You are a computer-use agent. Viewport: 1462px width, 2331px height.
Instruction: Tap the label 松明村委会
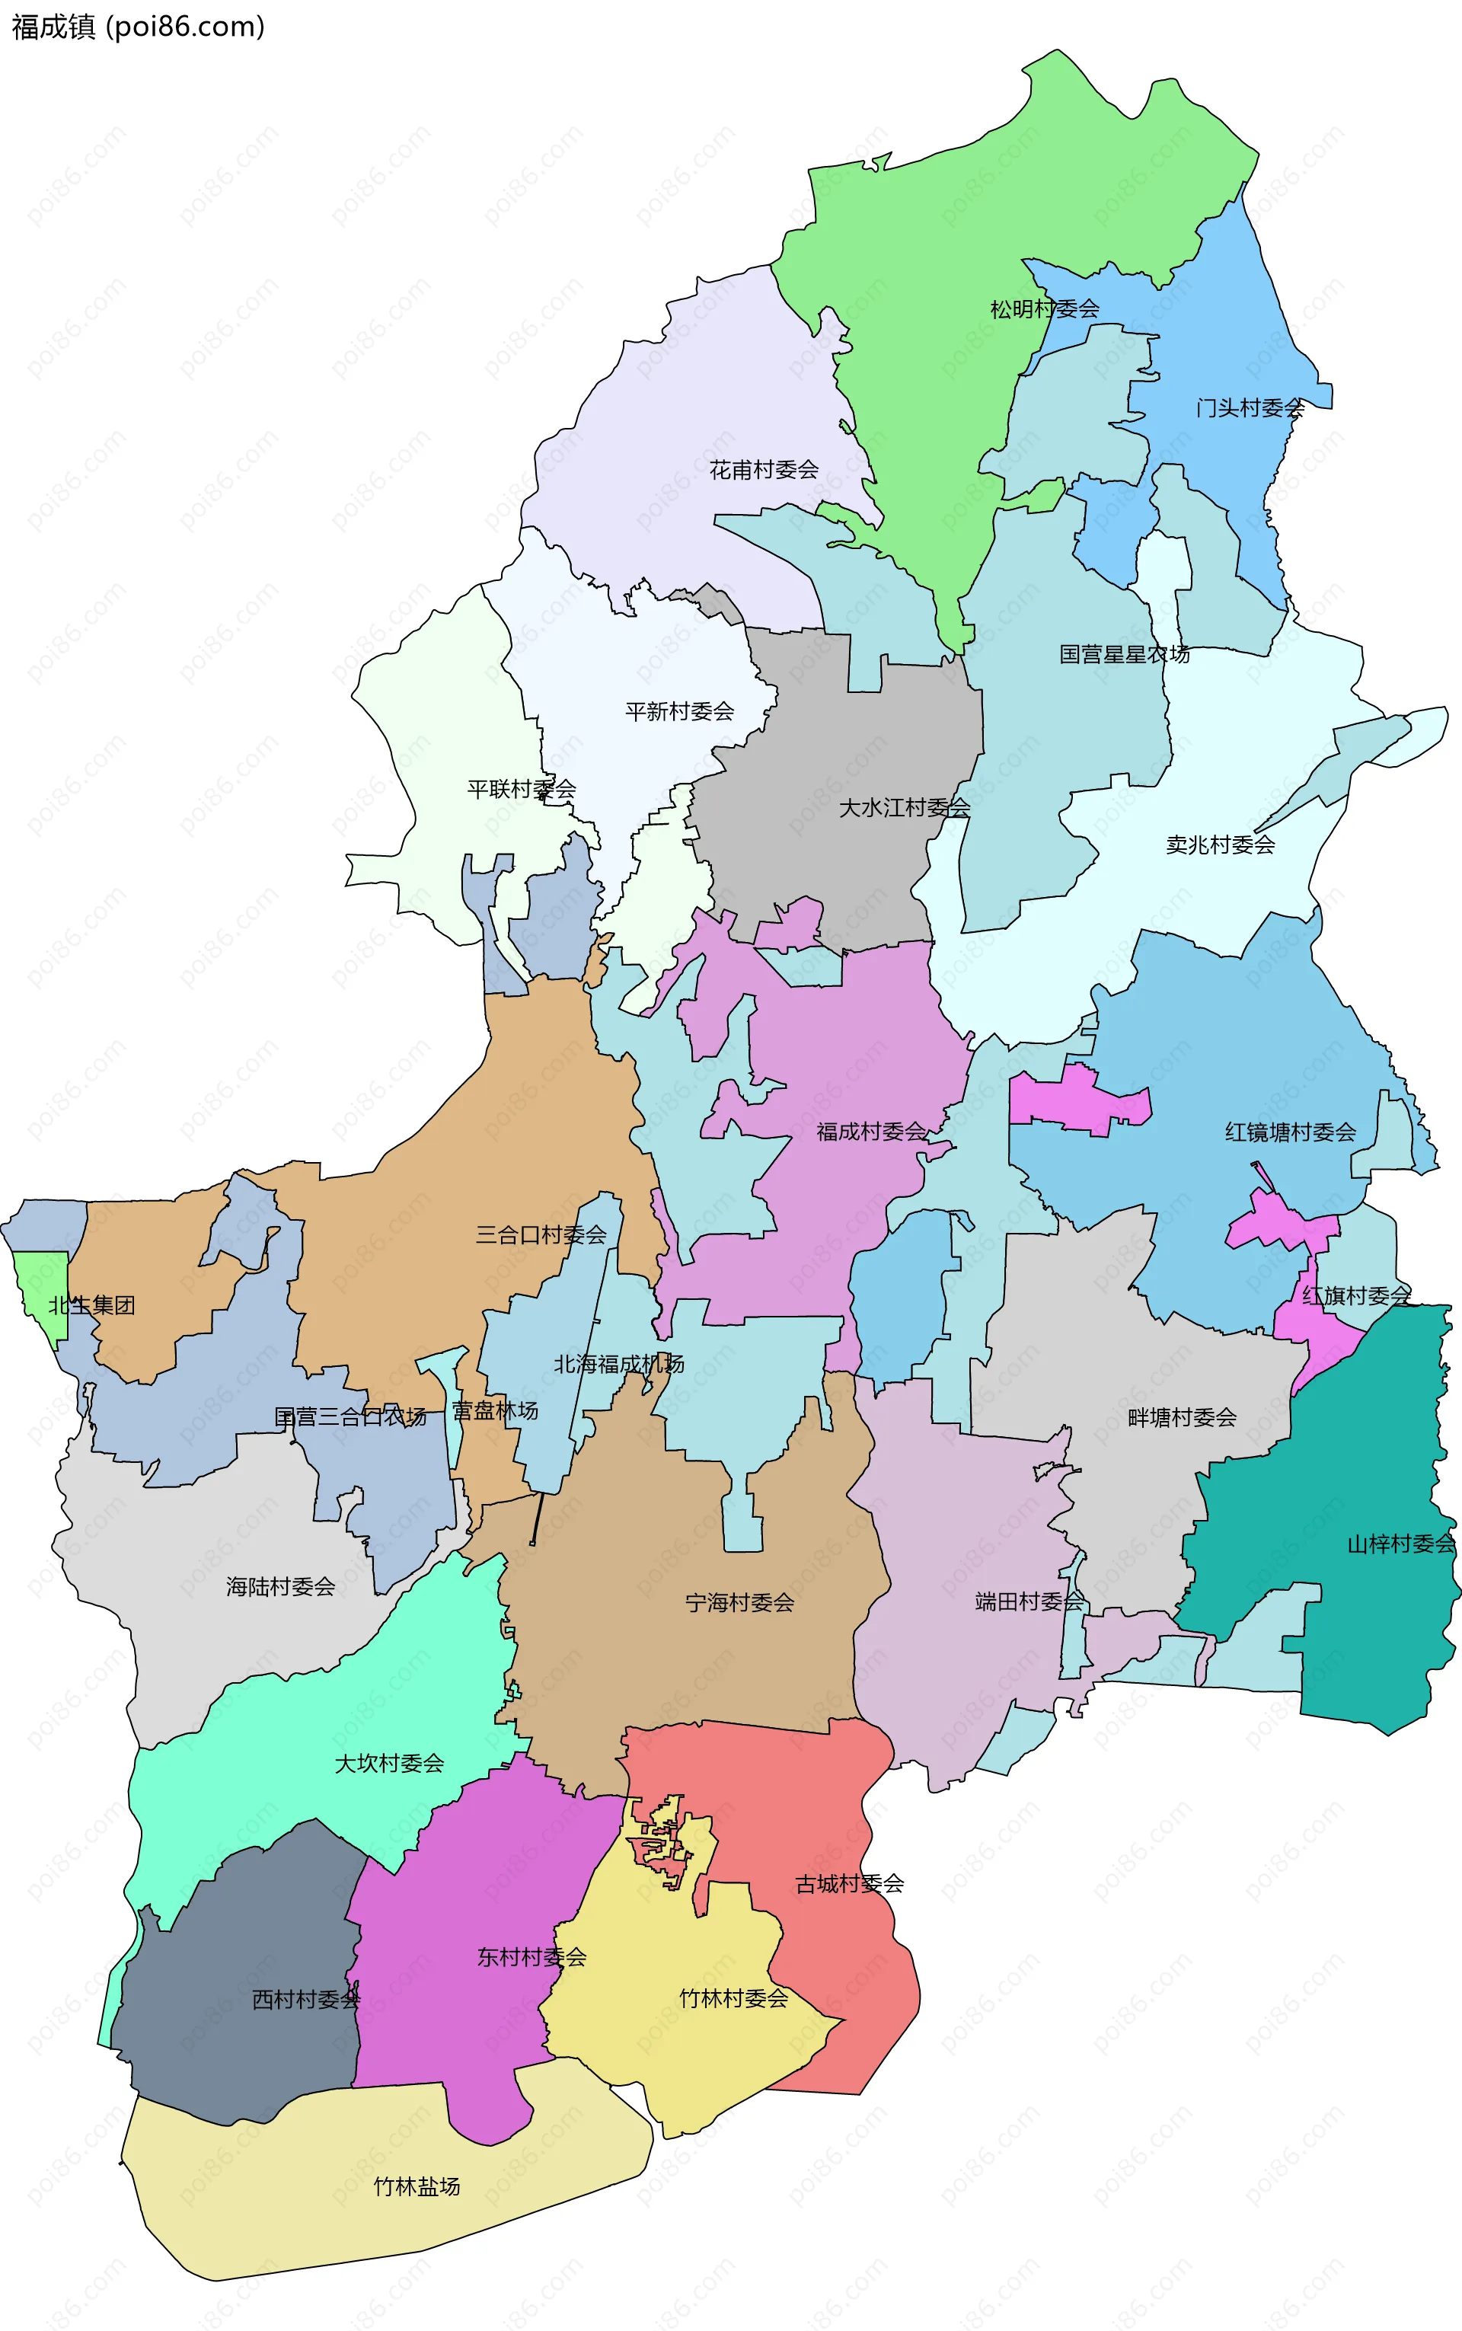1044,309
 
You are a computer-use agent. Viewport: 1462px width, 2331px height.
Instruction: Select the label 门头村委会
1250,408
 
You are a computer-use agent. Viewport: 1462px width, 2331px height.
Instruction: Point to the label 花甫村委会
764,470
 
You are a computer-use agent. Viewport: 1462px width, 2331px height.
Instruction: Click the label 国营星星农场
1124,655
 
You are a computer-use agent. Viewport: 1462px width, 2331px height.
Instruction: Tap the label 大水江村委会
904,807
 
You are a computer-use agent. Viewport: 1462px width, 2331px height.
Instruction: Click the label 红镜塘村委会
1290,1132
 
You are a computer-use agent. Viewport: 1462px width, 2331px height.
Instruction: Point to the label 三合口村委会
541,1234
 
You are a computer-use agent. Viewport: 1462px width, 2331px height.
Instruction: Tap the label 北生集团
92,1305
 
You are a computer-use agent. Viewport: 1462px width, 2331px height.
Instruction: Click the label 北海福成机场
619,1364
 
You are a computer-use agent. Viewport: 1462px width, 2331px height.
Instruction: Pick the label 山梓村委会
1400,1544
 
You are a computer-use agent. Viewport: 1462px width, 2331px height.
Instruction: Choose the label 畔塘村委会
1182,1417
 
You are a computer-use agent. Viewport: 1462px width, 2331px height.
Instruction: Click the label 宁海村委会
739,1603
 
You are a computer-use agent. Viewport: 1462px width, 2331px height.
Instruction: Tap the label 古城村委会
849,1883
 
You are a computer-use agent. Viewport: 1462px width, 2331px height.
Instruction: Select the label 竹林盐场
417,2187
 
